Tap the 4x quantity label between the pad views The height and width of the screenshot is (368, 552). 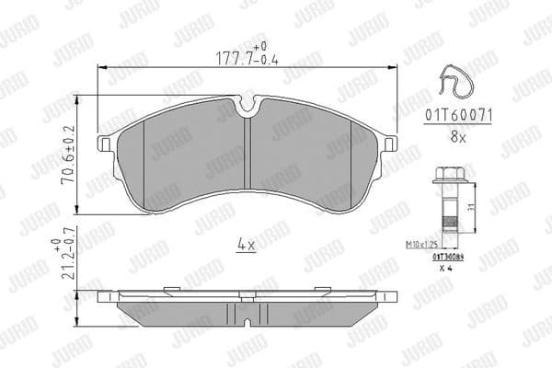(246, 246)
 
